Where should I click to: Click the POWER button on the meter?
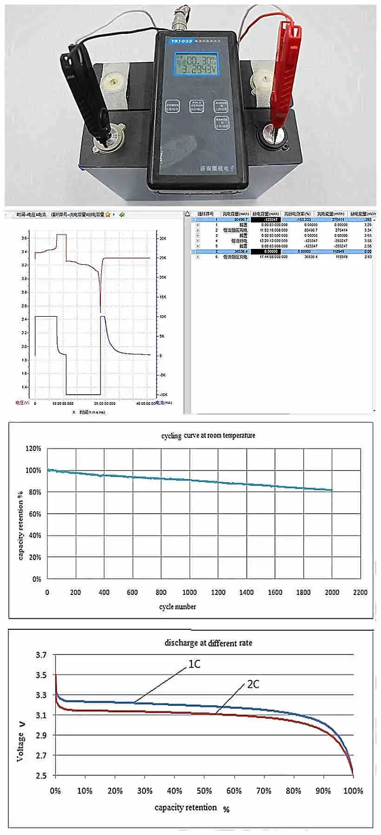pos(172,106)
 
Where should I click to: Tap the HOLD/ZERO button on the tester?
pos(197,106)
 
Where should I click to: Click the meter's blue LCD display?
pos(196,64)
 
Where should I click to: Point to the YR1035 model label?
pos(181,41)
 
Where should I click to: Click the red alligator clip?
pos(285,70)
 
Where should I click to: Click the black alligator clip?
pos(84,88)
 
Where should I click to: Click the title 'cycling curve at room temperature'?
pos(208,436)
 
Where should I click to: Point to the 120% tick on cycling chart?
pos(33,449)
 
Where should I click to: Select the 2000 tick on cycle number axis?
pos(332,592)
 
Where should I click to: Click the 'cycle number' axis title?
pos(177,607)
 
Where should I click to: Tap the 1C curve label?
pos(194,664)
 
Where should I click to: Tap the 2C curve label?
pos(253,684)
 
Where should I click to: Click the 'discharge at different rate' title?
pos(208,643)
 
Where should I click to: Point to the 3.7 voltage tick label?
pos(41,655)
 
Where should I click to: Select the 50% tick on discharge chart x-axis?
pos(204,790)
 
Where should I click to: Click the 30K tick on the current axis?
pos(163,238)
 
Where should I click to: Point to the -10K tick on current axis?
pos(163,395)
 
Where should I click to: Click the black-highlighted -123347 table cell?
pos(266,220)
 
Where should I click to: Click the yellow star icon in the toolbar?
pos(108,215)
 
